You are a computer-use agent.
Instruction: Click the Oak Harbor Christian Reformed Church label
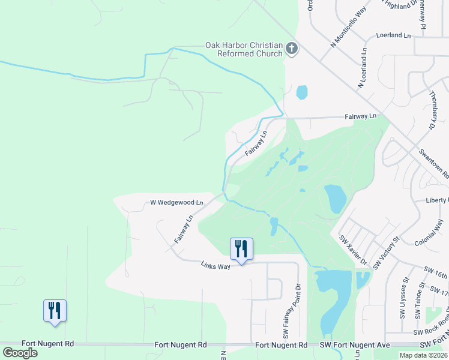pos(244,49)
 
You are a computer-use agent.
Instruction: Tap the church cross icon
pos(292,49)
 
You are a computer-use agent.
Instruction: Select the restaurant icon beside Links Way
pos(241,249)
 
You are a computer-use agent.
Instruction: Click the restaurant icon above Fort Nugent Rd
pos(55,311)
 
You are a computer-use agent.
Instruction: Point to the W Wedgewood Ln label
pos(176,203)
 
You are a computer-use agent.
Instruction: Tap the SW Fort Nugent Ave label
pos(354,345)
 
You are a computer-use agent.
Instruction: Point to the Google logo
pos(20,352)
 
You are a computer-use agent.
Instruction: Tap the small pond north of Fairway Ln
pos(301,92)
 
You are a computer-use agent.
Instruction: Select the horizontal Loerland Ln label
pos(393,36)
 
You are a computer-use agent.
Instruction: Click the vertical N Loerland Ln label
pos(363,68)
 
